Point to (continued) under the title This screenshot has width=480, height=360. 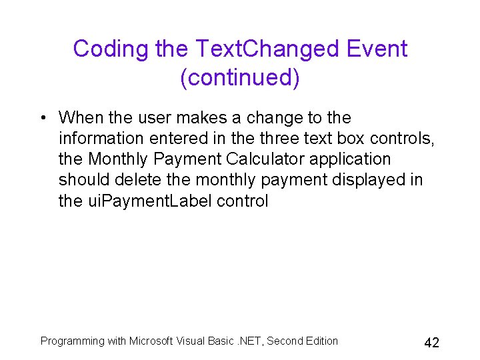point(240,77)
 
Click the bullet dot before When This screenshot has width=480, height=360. point(42,119)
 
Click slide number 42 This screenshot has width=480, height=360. point(431,343)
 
